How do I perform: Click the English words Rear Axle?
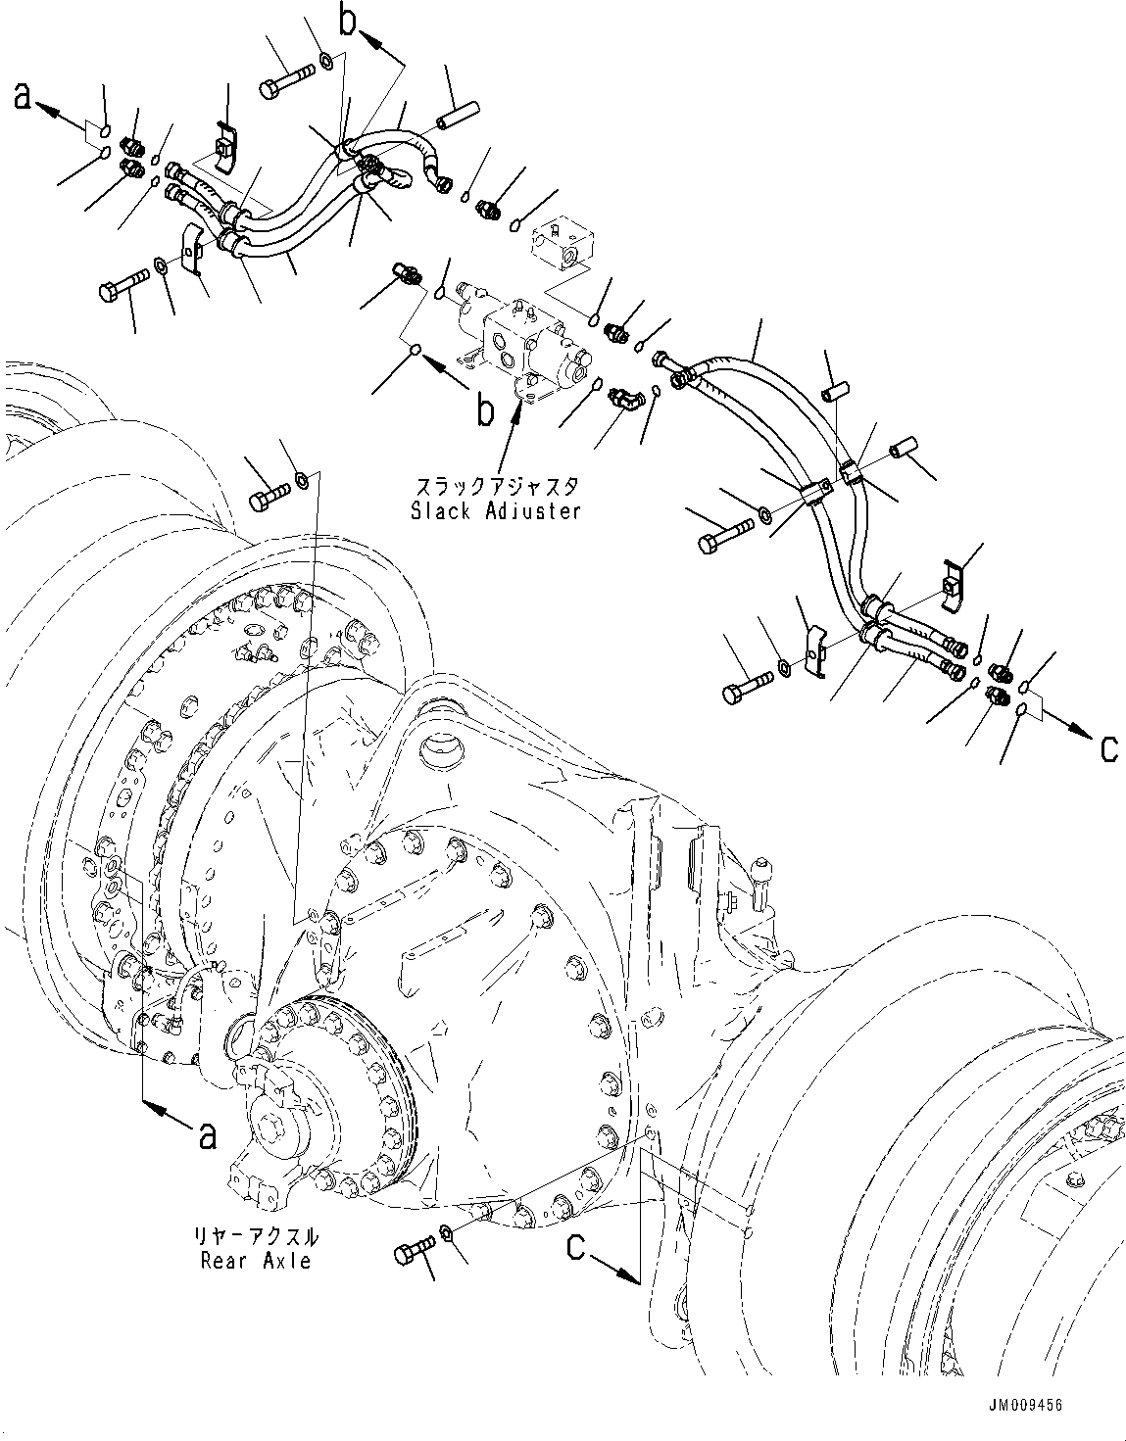point(256,1261)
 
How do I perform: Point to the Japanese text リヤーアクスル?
point(257,1236)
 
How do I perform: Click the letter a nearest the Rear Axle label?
point(207,1135)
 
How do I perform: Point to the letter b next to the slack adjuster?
point(484,412)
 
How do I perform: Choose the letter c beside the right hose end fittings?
point(1108,747)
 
